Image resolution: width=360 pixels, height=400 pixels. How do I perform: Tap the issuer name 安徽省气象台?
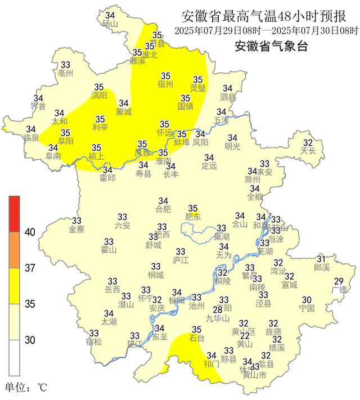(x=271, y=46)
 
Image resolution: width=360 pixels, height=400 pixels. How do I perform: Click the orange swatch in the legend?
(x=14, y=249)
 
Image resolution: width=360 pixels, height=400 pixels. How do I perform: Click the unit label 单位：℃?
(x=26, y=388)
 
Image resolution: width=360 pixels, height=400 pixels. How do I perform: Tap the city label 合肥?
(x=163, y=210)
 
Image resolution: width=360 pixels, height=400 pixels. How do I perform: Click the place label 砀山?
(x=110, y=24)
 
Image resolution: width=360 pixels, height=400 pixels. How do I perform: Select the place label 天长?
(x=308, y=151)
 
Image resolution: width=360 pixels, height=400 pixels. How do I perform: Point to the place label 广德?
(x=339, y=290)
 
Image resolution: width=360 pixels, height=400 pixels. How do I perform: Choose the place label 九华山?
(x=218, y=318)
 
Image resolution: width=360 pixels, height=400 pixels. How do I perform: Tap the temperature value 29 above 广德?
(x=339, y=281)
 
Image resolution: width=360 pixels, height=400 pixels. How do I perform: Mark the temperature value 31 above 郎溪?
(x=321, y=258)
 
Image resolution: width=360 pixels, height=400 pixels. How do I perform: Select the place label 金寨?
(x=76, y=230)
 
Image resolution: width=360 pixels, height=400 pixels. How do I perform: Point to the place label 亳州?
(x=65, y=74)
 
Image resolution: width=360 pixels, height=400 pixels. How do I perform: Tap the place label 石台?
(x=196, y=339)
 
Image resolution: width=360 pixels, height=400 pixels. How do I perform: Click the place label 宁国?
(x=307, y=308)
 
